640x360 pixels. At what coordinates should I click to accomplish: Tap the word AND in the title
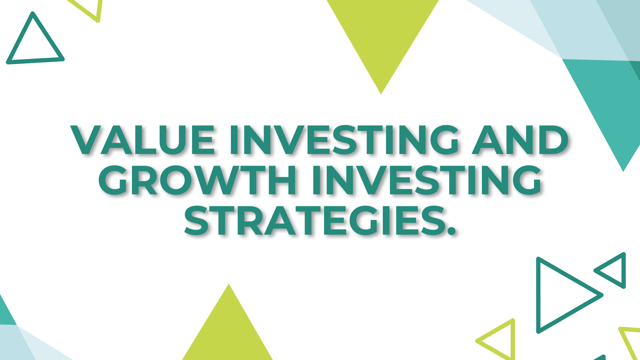pos(520,140)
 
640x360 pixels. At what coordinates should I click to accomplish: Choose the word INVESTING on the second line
pos(427,180)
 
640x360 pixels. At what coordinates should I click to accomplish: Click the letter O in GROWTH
pos(175,180)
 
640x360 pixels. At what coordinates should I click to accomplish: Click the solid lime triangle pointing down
pos(382,32)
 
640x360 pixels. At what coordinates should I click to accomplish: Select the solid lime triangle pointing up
pos(228,333)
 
